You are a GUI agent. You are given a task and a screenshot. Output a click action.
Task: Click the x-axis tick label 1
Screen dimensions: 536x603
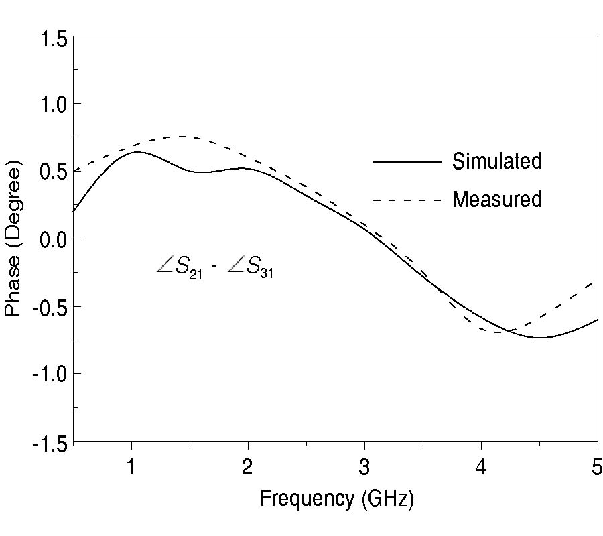click(x=132, y=467)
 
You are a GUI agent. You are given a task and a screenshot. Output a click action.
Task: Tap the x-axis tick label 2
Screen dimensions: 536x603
click(x=248, y=467)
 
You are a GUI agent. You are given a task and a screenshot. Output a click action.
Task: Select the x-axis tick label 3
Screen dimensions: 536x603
click(x=364, y=467)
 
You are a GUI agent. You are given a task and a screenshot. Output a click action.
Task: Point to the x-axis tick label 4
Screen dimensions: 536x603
click(x=481, y=467)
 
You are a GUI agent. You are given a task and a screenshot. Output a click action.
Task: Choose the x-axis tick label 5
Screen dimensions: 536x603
click(x=596, y=467)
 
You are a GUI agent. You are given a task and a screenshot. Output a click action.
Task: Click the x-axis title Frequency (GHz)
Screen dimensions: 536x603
click(x=336, y=499)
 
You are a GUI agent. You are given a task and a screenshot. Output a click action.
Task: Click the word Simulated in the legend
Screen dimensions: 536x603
click(x=496, y=161)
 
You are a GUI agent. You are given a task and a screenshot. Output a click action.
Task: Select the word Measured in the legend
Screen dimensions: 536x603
click(x=496, y=200)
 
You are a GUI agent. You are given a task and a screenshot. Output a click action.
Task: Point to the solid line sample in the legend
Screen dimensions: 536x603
click(x=407, y=162)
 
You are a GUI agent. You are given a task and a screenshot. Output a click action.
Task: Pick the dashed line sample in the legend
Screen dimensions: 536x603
click(x=407, y=200)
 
